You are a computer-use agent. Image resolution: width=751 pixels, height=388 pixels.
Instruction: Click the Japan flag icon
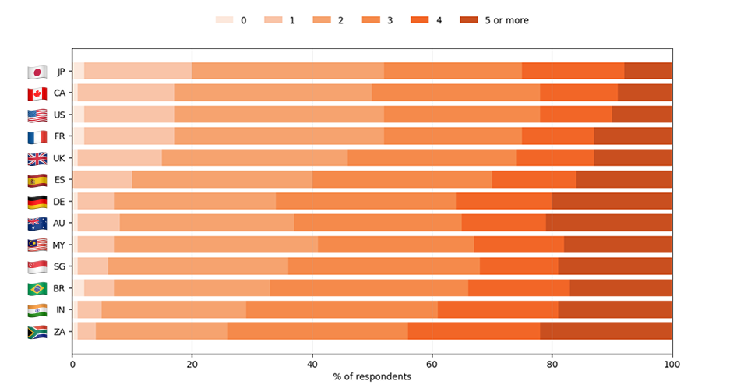(x=37, y=72)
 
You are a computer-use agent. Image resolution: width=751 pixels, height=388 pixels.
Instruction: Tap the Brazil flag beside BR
(x=37, y=289)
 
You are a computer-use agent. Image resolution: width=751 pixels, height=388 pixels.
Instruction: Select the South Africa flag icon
(x=37, y=332)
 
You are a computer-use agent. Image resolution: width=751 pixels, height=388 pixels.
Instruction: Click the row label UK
(x=59, y=159)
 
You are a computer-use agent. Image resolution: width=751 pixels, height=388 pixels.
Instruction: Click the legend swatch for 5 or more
(x=471, y=20)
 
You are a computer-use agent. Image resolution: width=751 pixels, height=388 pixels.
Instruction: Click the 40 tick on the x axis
(x=312, y=363)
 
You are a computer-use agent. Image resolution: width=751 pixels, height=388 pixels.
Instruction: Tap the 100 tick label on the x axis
(x=672, y=363)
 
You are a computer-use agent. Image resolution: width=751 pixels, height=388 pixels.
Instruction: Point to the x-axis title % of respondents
(x=372, y=376)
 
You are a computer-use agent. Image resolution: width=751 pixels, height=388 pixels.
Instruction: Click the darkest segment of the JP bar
(x=648, y=72)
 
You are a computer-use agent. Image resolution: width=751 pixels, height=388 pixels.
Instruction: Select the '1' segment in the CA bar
(x=126, y=93)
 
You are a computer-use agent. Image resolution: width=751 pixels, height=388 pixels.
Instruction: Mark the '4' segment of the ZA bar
(x=474, y=332)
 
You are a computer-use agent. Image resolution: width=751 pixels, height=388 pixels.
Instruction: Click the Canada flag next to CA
(x=37, y=93)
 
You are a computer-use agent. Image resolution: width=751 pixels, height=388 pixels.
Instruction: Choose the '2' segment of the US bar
(x=279, y=115)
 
